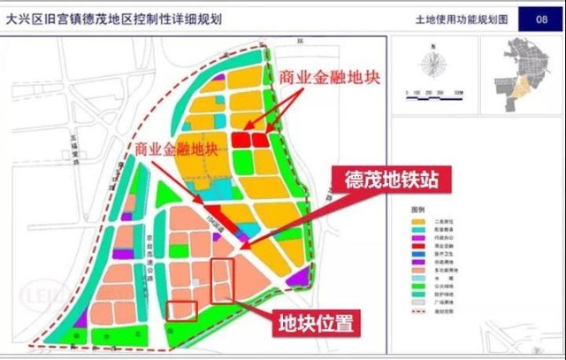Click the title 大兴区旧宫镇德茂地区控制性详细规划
(115, 18)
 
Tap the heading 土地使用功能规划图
(461, 19)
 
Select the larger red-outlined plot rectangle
(223, 281)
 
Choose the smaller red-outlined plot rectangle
(182, 310)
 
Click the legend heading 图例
(418, 209)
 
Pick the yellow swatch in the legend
(419, 220)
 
